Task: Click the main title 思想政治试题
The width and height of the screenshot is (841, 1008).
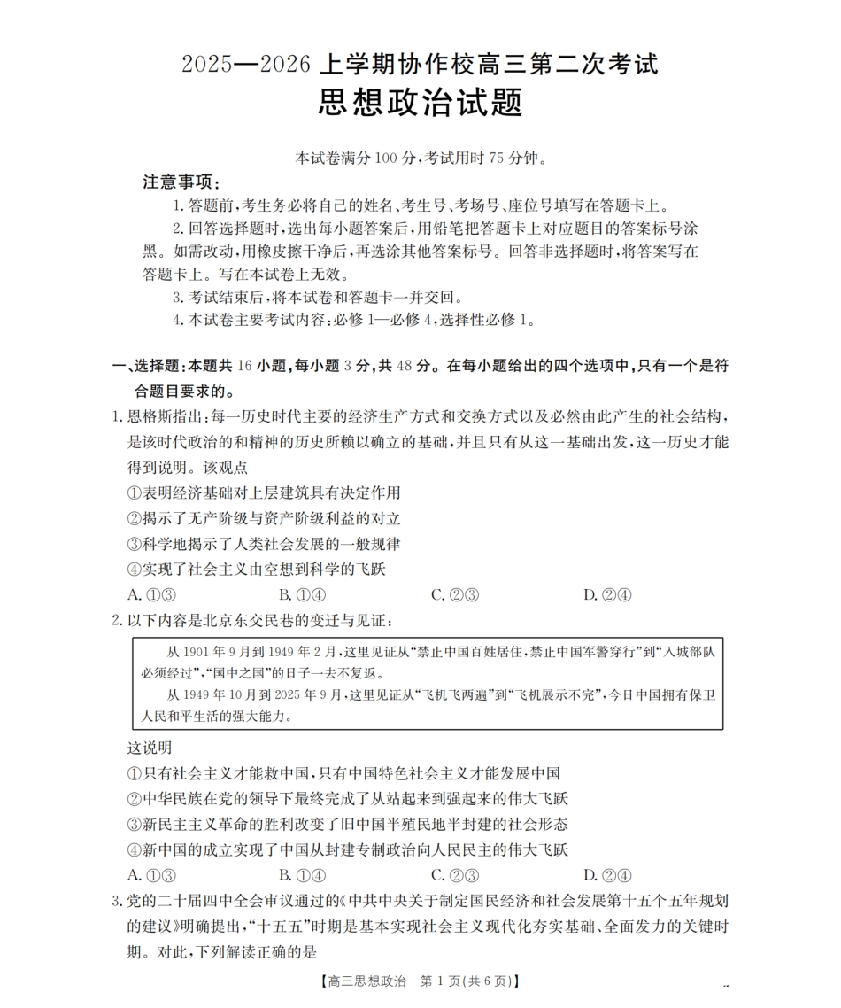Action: tap(420, 102)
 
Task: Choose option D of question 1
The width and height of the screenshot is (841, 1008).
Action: tap(606, 594)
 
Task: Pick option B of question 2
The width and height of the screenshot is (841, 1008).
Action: tap(302, 875)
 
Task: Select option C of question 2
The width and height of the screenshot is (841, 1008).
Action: tap(454, 875)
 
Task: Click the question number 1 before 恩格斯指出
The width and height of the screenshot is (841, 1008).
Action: tap(116, 416)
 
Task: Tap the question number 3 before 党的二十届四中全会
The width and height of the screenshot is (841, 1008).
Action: tap(116, 902)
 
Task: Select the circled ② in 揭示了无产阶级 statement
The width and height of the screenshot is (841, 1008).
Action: tap(135, 518)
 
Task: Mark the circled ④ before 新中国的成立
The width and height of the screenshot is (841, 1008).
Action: tap(135, 849)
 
